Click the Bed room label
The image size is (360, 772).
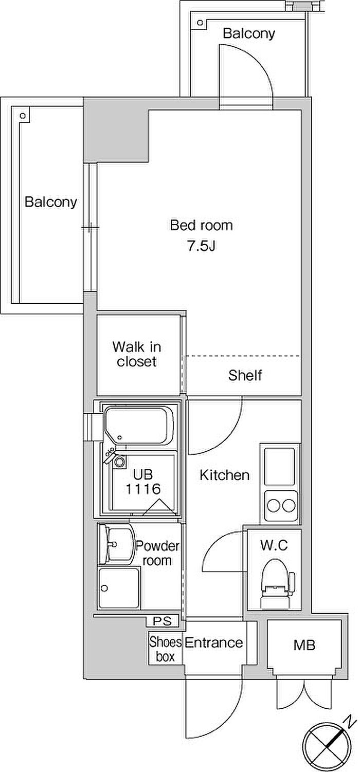point(202,225)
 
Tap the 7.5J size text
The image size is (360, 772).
point(202,246)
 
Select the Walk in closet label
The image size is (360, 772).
point(137,354)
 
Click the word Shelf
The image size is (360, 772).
point(245,375)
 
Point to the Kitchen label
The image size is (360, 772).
point(224,475)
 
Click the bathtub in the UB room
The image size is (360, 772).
point(139,426)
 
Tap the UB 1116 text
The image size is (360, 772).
point(143,482)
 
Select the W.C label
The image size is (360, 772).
point(274,545)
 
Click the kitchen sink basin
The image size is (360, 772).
point(280,467)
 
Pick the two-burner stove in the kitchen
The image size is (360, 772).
point(281,506)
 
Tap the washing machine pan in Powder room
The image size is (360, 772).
point(119,588)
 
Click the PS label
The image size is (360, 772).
point(162,621)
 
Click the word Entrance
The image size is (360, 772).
point(214,643)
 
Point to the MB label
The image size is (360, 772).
point(304,645)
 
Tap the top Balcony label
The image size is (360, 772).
point(249,33)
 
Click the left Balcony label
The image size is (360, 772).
point(51,202)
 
